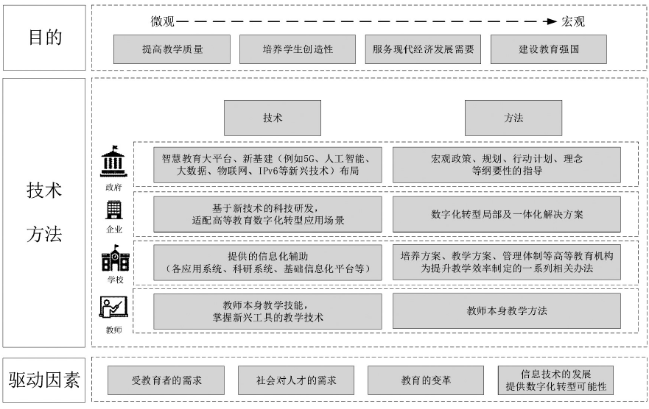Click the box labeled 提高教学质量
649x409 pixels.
point(172,49)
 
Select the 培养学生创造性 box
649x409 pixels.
point(298,49)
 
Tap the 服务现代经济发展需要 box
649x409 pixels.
point(423,49)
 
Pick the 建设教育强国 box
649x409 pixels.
point(549,49)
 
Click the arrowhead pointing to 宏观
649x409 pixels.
point(552,21)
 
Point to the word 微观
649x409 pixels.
point(163,21)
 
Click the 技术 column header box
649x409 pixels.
point(273,118)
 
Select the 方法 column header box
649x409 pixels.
point(513,118)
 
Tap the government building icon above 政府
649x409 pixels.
point(114,162)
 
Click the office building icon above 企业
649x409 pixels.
point(114,210)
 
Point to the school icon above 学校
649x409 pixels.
point(116,258)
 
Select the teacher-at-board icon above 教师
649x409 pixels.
point(113,307)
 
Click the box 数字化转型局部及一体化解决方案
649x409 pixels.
point(507,214)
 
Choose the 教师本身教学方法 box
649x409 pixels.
point(507,310)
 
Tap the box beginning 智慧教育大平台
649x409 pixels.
point(267,165)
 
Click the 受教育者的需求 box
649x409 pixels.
point(166,380)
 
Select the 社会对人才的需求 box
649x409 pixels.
point(296,380)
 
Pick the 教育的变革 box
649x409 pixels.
point(426,380)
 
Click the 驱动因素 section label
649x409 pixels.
point(44,380)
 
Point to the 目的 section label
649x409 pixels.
point(45,38)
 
